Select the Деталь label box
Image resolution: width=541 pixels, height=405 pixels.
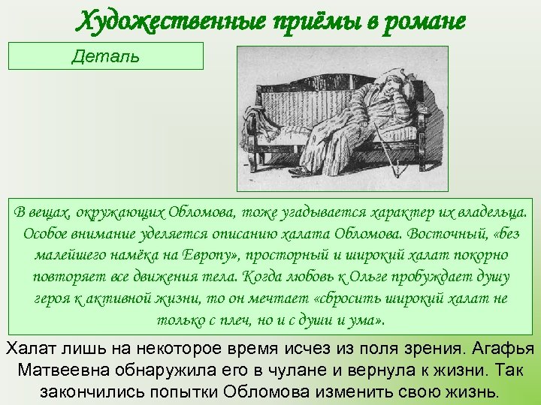coord(106,56)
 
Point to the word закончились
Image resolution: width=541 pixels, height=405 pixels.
coord(84,391)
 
